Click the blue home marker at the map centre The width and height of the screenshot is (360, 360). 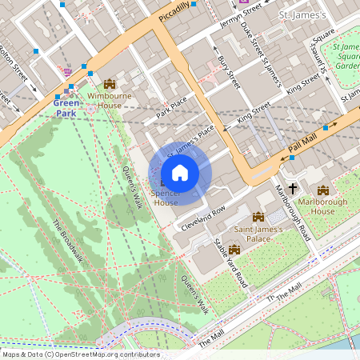tap(180, 173)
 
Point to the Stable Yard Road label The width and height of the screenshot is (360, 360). tap(231, 262)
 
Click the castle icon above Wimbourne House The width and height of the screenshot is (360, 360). tap(110, 84)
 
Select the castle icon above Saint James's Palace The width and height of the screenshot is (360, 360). tap(258, 217)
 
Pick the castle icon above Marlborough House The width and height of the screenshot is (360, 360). tap(322, 190)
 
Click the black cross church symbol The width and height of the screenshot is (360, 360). tap(293, 189)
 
